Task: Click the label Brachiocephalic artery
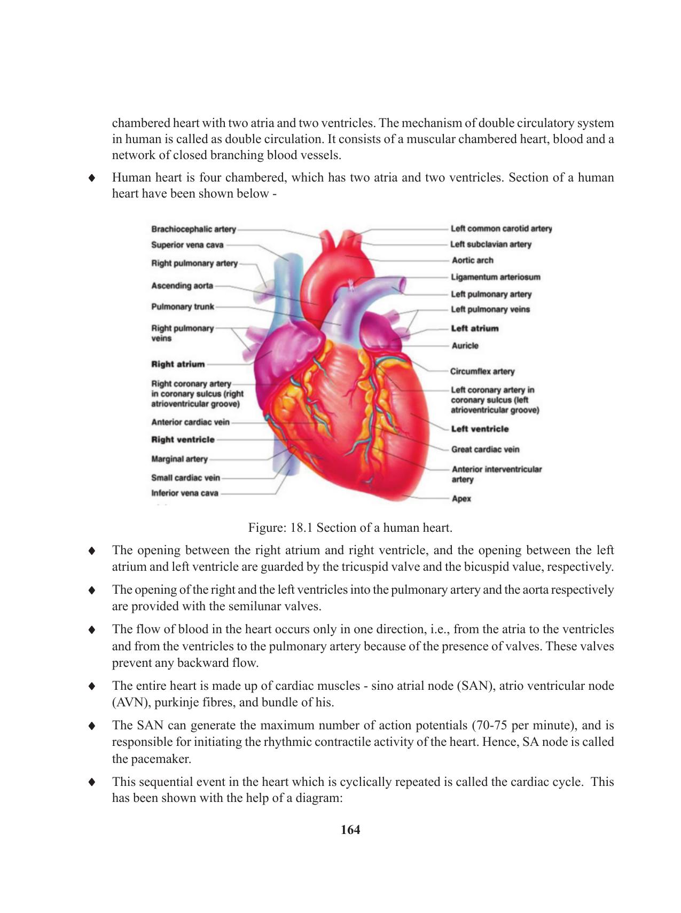193,229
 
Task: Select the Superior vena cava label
187,245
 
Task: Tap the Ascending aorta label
182,286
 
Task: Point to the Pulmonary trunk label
182,306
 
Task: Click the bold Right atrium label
178,364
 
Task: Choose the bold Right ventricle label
183,439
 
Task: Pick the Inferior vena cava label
184,493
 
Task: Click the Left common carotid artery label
501,229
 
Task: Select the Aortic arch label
472,260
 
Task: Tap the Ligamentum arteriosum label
495,277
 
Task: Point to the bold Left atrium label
474,328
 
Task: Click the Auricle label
465,345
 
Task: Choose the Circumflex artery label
482,371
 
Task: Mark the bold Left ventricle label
480,429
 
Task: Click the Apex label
461,499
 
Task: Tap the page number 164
350,830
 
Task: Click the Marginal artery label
179,459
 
